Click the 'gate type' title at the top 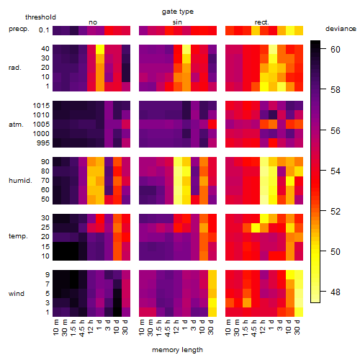[x=178, y=12]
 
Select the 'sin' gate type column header [x=177, y=22]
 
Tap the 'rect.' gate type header [x=261, y=22]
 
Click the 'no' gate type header [x=93, y=22]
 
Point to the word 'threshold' [x=40, y=17]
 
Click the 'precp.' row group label [x=19, y=29]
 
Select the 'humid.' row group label [x=20, y=180]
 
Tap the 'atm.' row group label [x=16, y=125]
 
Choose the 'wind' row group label [x=17, y=293]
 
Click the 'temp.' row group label [x=18, y=236]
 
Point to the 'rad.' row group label [x=15, y=68]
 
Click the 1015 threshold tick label [x=41, y=105]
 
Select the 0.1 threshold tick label [x=44, y=30]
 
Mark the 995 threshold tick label [x=43, y=143]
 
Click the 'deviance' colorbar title [x=341, y=29]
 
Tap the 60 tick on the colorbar [x=336, y=49]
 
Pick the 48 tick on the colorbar [x=336, y=292]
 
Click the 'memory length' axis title [x=178, y=350]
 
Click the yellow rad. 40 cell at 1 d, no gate [x=100, y=49]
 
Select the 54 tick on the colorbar [x=336, y=171]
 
